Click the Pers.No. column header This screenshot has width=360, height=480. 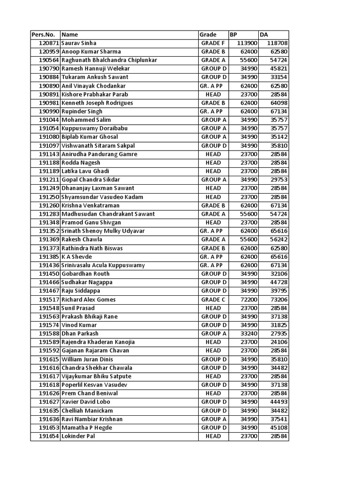43,35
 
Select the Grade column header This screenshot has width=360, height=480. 208,35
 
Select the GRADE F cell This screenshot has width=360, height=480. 213,43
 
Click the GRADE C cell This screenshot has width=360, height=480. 213,300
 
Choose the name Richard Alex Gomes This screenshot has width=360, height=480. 87,300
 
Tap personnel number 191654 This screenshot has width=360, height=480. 49,436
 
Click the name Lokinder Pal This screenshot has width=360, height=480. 78,436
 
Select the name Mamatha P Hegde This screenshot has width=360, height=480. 87,428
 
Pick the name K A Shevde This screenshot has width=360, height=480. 76,257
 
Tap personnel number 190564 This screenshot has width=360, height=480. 49,60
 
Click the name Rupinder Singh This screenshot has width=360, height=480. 82,112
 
